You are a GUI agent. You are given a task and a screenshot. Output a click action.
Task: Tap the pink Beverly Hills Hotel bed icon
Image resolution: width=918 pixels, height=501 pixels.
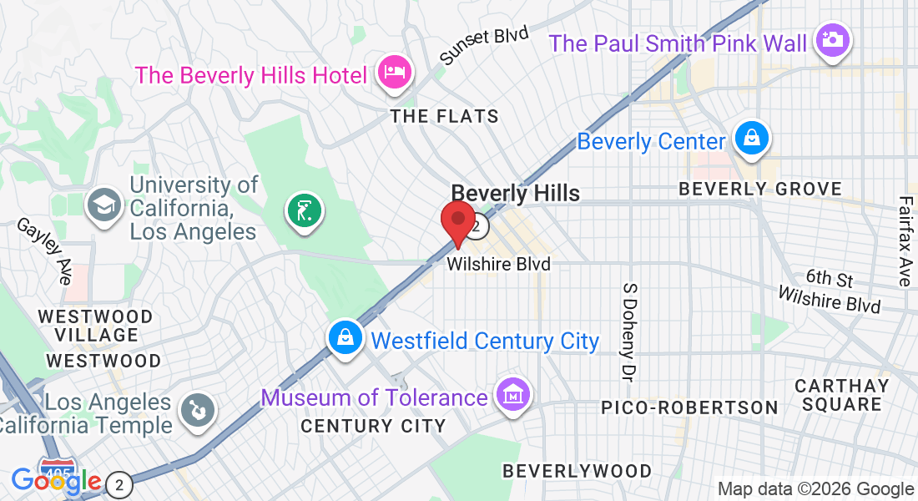click(393, 72)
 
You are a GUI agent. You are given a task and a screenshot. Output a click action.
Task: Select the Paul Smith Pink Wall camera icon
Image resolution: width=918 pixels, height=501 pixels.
click(831, 40)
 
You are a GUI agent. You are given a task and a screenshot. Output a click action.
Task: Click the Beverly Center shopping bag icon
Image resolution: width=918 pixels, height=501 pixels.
click(752, 139)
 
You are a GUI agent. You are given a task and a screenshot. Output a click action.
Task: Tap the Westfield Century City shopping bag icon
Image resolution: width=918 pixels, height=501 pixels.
click(345, 338)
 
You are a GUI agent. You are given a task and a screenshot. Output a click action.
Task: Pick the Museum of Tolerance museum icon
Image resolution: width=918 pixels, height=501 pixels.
click(512, 394)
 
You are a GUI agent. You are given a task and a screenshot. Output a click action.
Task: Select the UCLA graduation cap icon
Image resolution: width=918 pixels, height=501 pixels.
click(106, 205)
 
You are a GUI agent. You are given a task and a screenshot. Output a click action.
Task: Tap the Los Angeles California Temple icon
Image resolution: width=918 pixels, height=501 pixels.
click(199, 411)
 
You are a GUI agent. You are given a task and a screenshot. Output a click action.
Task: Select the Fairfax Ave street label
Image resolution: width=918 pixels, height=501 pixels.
click(906, 241)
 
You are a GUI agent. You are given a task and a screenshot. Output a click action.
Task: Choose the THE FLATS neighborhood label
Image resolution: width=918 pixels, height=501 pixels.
click(445, 116)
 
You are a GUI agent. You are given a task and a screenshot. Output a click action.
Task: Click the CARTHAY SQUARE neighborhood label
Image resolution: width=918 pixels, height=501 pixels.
click(841, 396)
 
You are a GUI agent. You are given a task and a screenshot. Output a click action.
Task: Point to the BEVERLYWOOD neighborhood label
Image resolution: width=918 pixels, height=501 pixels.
click(577, 471)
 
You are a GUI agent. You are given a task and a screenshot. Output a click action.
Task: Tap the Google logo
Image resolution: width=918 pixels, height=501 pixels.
click(56, 481)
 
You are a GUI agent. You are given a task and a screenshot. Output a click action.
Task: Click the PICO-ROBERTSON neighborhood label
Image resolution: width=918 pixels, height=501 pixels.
click(690, 407)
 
